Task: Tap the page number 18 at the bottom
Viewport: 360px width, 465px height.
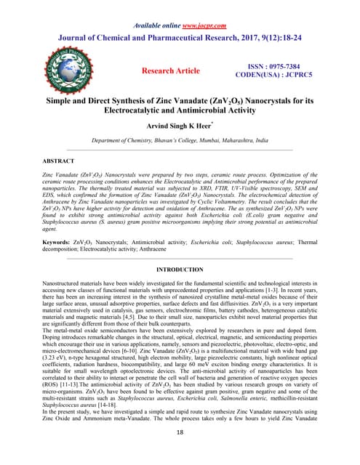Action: pos(180,452)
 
